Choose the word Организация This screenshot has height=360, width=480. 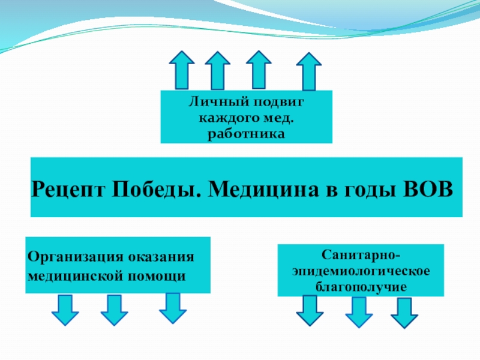click(x=75, y=257)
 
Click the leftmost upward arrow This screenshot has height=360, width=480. click(x=181, y=70)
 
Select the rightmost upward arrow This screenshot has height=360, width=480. click(x=309, y=72)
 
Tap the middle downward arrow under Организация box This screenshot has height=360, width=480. click(x=113, y=310)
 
